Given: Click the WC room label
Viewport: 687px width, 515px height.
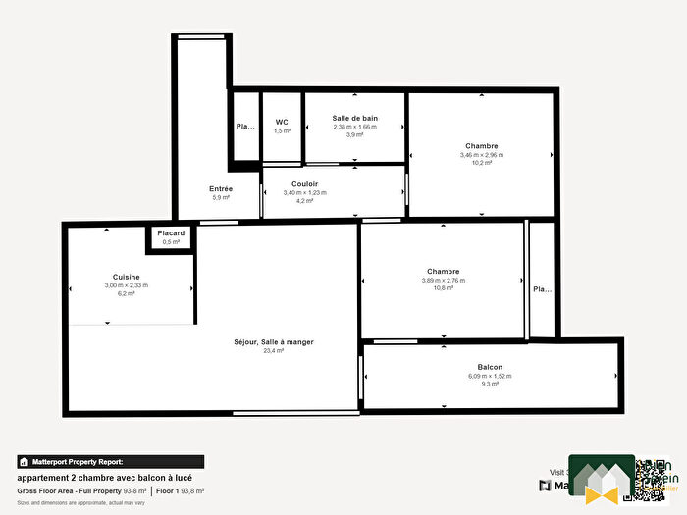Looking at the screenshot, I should tap(282, 122).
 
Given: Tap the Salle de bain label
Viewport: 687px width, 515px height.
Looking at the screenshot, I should tap(354, 118).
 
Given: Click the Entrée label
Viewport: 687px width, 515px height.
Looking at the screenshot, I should tap(221, 188).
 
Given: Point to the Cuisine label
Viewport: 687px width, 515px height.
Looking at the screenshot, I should tap(126, 277).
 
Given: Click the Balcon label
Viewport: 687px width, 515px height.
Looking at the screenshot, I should tap(491, 366).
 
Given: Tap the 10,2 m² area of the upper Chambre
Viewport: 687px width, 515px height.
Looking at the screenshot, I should tap(481, 163).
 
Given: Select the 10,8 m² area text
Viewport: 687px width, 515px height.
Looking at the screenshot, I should tap(444, 288).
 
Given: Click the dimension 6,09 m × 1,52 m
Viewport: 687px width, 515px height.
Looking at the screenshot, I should tap(491, 376).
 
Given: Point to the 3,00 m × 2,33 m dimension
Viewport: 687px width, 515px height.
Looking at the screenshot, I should tap(126, 285).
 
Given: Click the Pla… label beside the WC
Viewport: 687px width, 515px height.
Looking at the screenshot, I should tap(245, 127).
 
